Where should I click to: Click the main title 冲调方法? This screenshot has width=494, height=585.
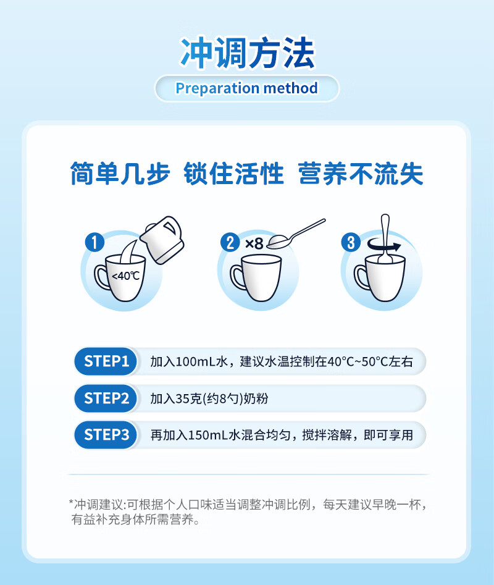tap(248, 53)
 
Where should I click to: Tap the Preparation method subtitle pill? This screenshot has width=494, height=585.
tap(247, 88)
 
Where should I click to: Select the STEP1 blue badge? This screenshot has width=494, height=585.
tap(106, 361)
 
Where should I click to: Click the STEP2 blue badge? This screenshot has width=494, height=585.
tap(106, 398)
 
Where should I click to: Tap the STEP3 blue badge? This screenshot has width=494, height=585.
tap(106, 435)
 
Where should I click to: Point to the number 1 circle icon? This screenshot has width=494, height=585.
tap(94, 242)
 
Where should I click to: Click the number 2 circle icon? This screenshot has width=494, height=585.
tap(230, 242)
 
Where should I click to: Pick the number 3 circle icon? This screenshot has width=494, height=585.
tap(351, 242)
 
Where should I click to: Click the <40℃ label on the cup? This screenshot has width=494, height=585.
tap(125, 276)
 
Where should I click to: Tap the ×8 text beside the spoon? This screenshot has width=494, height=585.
tap(254, 244)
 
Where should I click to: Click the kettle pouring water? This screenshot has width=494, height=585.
tap(162, 240)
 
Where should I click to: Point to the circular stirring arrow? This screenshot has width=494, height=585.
tap(383, 245)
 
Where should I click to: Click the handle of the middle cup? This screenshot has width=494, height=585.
tap(237, 277)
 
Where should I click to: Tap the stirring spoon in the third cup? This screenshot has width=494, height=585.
tap(384, 238)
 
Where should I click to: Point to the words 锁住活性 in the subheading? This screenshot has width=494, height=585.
tap(234, 174)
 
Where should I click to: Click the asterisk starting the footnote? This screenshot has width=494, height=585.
tap(71, 502)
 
